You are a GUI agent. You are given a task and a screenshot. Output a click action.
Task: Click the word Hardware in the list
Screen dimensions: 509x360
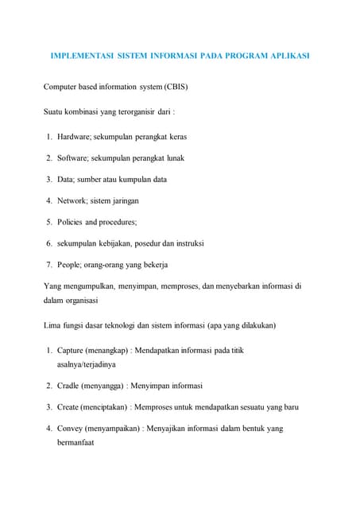[x=73, y=137]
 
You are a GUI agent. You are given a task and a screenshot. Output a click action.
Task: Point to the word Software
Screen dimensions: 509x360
[x=72, y=157]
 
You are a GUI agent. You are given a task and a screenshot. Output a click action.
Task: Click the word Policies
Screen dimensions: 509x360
[x=72, y=222]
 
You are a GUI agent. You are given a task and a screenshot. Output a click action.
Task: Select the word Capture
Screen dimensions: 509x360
[x=72, y=350]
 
